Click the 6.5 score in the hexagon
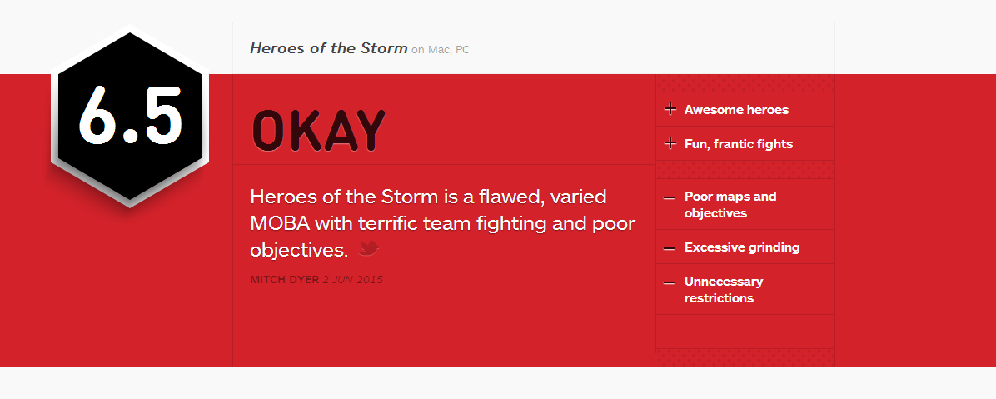pyautogui.click(x=130, y=113)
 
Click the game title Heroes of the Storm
pyautogui.click(x=328, y=48)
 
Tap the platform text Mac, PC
pyautogui.click(x=449, y=49)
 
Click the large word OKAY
pyautogui.click(x=319, y=131)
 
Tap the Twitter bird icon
pyautogui.click(x=368, y=248)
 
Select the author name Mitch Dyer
pyautogui.click(x=285, y=280)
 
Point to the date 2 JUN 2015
pyautogui.click(x=352, y=280)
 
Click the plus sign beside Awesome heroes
pyautogui.click(x=670, y=109)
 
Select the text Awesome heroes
pyautogui.click(x=736, y=110)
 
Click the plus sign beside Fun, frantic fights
pyautogui.click(x=670, y=143)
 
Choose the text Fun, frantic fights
pyautogui.click(x=738, y=144)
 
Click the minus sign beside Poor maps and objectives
pyautogui.click(x=669, y=197)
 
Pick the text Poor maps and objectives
pyautogui.click(x=730, y=205)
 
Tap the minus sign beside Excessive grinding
pyautogui.click(x=669, y=248)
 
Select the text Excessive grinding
pyautogui.click(x=742, y=247)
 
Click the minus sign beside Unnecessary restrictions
pyautogui.click(x=669, y=282)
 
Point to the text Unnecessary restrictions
pyautogui.click(x=724, y=290)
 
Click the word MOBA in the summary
pyautogui.click(x=280, y=223)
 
